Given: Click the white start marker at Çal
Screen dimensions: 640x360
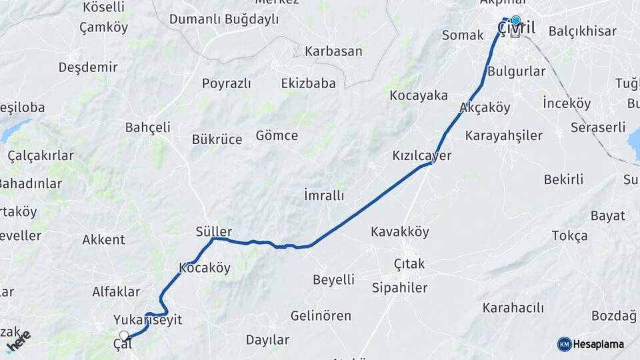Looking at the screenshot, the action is (124, 335).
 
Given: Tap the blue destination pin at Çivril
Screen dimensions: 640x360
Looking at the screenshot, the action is (515, 21).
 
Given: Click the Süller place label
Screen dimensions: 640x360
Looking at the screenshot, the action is (214, 231).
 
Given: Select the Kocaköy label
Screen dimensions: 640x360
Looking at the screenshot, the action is (205, 268).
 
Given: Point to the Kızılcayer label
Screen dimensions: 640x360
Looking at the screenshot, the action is (422, 156).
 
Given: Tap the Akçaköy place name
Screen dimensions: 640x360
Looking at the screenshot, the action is (485, 107).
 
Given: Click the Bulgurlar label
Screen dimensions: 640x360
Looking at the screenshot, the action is (517, 71).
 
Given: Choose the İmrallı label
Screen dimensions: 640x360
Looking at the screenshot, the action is (324, 195).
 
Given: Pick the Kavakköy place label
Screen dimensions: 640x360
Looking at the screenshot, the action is (401, 232).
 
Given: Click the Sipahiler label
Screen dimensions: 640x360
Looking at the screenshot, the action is (400, 288).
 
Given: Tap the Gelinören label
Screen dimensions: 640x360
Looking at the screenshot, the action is (321, 315).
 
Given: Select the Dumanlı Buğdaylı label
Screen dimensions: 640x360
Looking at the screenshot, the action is (224, 19).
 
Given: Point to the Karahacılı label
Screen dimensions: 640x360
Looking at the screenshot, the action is (513, 307).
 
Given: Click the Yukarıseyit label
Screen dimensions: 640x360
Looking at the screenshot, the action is (147, 320).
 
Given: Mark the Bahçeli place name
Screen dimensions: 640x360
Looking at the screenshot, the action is (148, 127).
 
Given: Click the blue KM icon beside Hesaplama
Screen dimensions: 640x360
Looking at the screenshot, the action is (564, 344).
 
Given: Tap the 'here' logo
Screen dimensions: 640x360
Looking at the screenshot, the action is (18, 341).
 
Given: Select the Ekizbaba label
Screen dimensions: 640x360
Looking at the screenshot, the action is (308, 83).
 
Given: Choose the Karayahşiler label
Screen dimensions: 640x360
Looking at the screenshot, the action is (503, 136).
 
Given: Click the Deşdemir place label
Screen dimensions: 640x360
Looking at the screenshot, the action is (88, 67).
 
